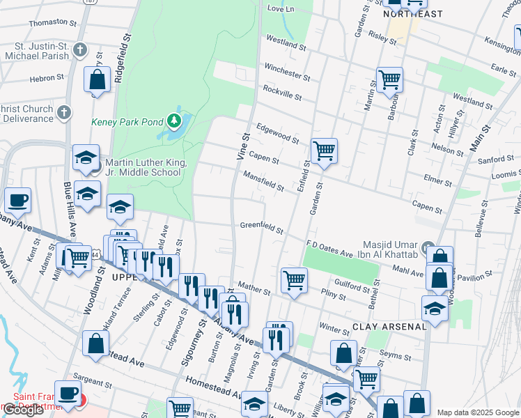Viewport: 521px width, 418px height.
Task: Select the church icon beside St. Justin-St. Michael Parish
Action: pos(81,49)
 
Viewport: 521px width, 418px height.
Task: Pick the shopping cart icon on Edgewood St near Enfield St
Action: pos(324,150)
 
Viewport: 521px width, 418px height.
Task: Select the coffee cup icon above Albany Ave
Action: pos(18,201)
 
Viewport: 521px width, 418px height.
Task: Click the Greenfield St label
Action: pos(262,228)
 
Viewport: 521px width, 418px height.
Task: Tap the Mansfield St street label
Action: pos(264,182)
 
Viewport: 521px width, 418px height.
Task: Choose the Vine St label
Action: pos(244,146)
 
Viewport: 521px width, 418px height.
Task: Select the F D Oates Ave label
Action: pos(329,248)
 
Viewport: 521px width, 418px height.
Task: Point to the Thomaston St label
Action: pos(51,23)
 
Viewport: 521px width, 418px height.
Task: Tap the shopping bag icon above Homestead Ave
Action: pos(95,343)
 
